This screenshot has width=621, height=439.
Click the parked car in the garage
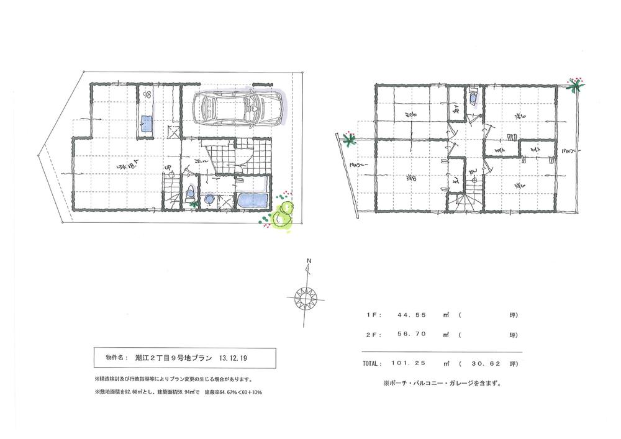[x=235, y=110]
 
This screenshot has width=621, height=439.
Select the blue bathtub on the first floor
[x=253, y=201]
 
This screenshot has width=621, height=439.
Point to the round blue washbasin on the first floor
[x=209, y=200]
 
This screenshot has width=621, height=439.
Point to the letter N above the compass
[x=309, y=261]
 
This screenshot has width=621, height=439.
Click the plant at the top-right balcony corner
[x=576, y=86]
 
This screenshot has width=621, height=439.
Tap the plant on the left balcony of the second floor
[x=349, y=139]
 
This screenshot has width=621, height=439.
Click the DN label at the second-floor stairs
[x=472, y=172]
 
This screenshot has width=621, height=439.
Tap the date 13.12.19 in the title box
[x=234, y=358]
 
